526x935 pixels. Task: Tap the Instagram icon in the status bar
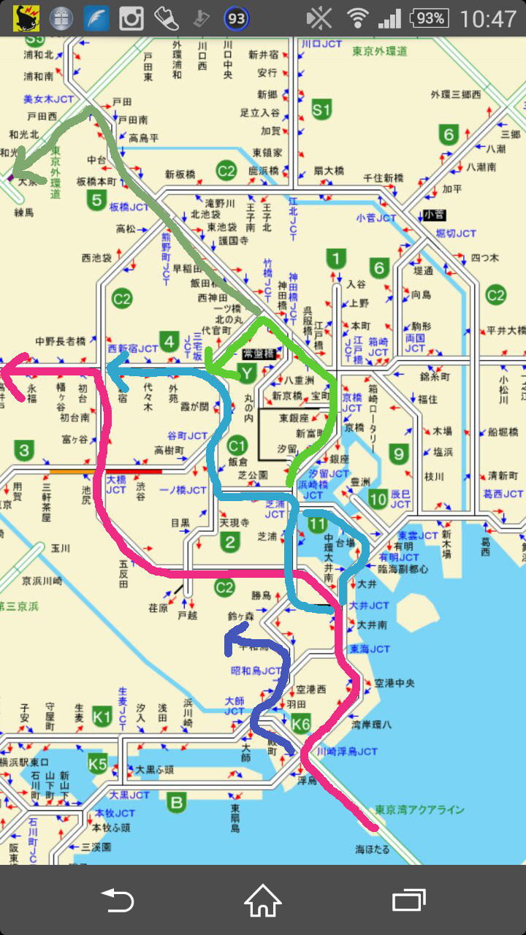click(131, 18)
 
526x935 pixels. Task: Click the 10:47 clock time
click(489, 18)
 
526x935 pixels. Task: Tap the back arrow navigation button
click(117, 900)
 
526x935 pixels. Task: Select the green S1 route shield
click(321, 110)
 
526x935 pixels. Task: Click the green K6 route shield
click(301, 724)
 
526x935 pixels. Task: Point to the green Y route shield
click(248, 374)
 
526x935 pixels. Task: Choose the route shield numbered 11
click(316, 523)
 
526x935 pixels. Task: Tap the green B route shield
click(176, 803)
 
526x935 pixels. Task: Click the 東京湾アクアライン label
click(419, 809)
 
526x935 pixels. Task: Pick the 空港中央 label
click(394, 683)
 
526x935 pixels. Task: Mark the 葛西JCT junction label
click(503, 494)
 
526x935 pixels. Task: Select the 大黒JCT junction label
click(129, 795)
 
